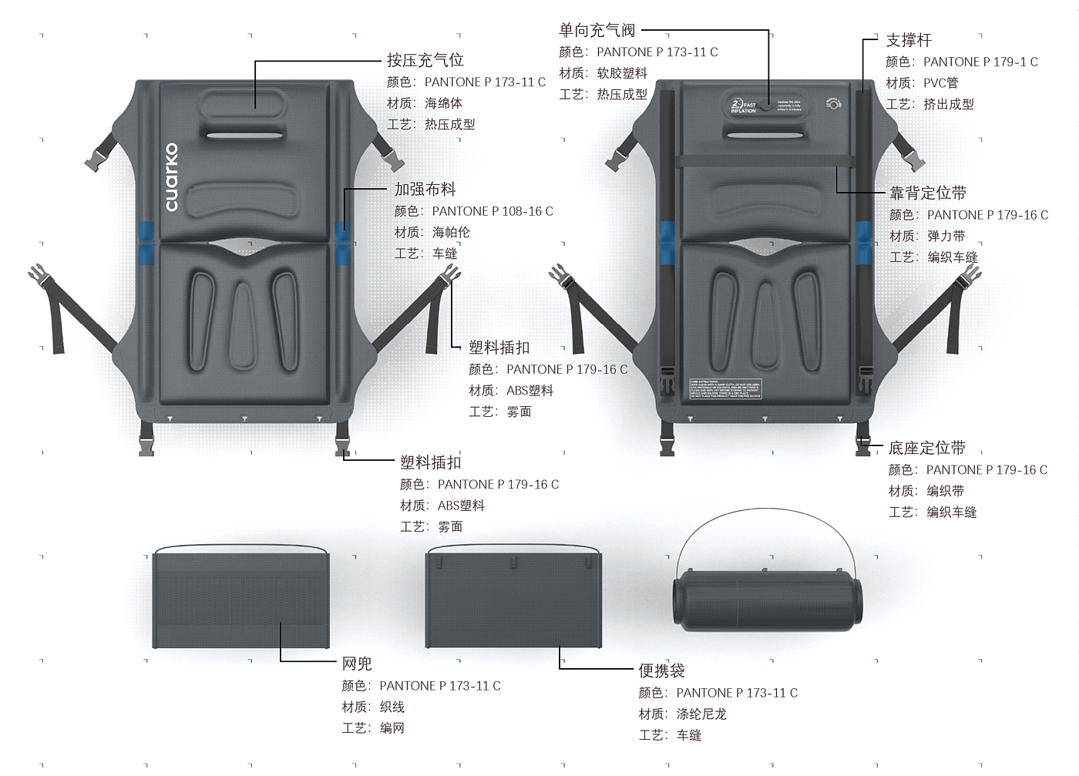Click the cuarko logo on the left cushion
(x=171, y=177)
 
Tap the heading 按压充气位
(x=425, y=60)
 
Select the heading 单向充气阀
(x=597, y=30)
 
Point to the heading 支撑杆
(x=908, y=40)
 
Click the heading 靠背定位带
(x=927, y=193)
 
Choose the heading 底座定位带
(x=926, y=448)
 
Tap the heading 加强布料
(x=425, y=190)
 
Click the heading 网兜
(x=357, y=663)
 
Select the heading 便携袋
(x=661, y=670)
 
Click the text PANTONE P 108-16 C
(x=492, y=211)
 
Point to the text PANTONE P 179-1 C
(x=980, y=62)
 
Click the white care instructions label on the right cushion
(x=724, y=389)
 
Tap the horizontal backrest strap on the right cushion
(x=765, y=161)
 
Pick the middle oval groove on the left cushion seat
(x=243, y=324)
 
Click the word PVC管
(x=940, y=82)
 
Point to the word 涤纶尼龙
(x=701, y=714)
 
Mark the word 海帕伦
(x=451, y=232)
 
